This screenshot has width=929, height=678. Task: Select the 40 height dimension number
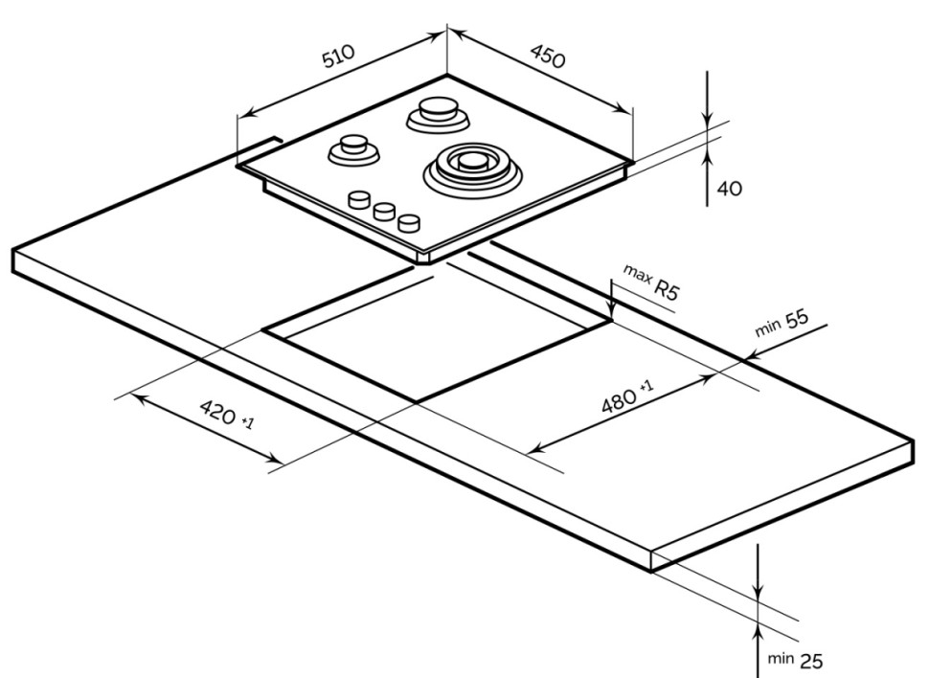(729, 189)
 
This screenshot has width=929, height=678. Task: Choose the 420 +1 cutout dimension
(227, 414)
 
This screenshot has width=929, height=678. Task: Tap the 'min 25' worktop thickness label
(794, 659)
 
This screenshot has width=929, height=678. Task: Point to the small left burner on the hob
(351, 148)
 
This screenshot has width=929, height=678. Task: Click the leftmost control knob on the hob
(361, 199)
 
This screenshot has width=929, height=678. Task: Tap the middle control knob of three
(385, 212)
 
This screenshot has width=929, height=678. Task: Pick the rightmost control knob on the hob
(409, 223)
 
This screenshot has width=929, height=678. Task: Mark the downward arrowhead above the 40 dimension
(707, 122)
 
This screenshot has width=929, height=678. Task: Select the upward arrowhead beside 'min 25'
(758, 625)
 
